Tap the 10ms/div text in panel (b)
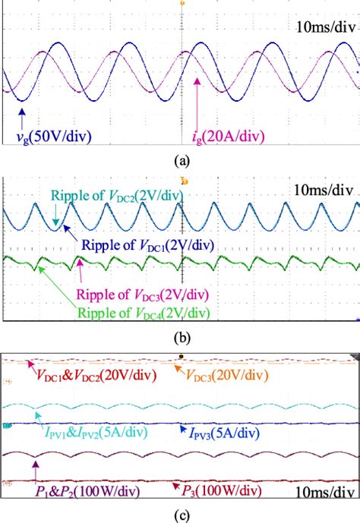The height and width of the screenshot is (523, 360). (323, 191)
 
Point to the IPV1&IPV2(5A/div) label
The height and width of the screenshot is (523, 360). (84, 430)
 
